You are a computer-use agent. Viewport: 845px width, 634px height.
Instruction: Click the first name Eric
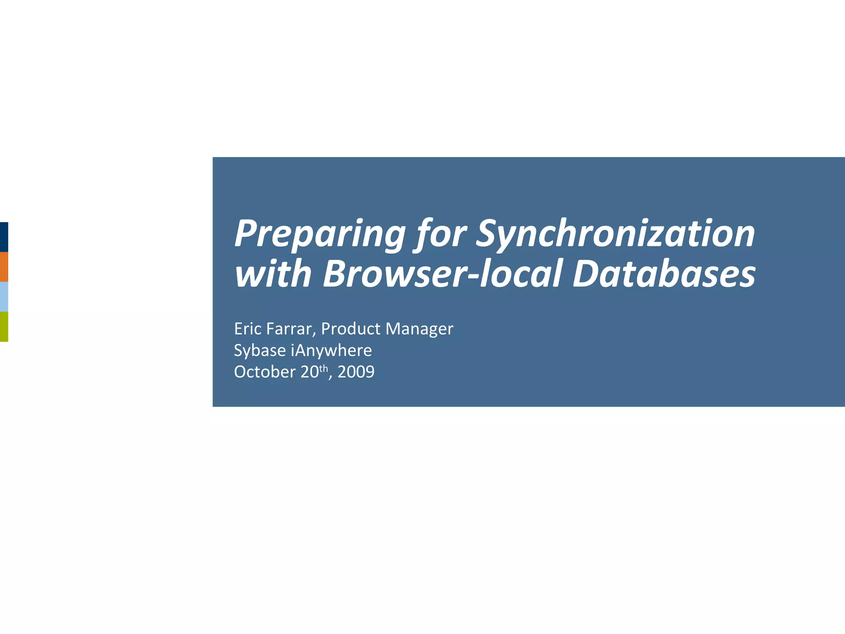coord(248,329)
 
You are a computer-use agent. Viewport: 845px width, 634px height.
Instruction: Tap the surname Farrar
coord(291,329)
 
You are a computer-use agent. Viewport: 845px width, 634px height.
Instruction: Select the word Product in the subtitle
coord(351,329)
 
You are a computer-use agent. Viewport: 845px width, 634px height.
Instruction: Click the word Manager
coord(419,329)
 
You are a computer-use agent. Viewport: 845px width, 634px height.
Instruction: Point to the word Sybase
coord(260,350)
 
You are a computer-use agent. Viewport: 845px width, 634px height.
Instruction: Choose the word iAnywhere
coord(331,350)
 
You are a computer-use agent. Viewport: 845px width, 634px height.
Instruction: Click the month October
coord(264,372)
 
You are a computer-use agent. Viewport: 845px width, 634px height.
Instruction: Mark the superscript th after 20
coord(323,368)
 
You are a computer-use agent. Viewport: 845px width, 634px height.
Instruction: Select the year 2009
coord(356,372)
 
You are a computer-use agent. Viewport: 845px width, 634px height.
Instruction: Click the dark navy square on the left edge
coord(4,237)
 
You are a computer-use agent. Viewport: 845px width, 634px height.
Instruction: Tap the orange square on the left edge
coord(4,267)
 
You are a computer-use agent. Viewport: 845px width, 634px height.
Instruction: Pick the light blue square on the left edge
coord(4,297)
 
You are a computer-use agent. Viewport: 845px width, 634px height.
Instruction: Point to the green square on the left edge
coord(4,326)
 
